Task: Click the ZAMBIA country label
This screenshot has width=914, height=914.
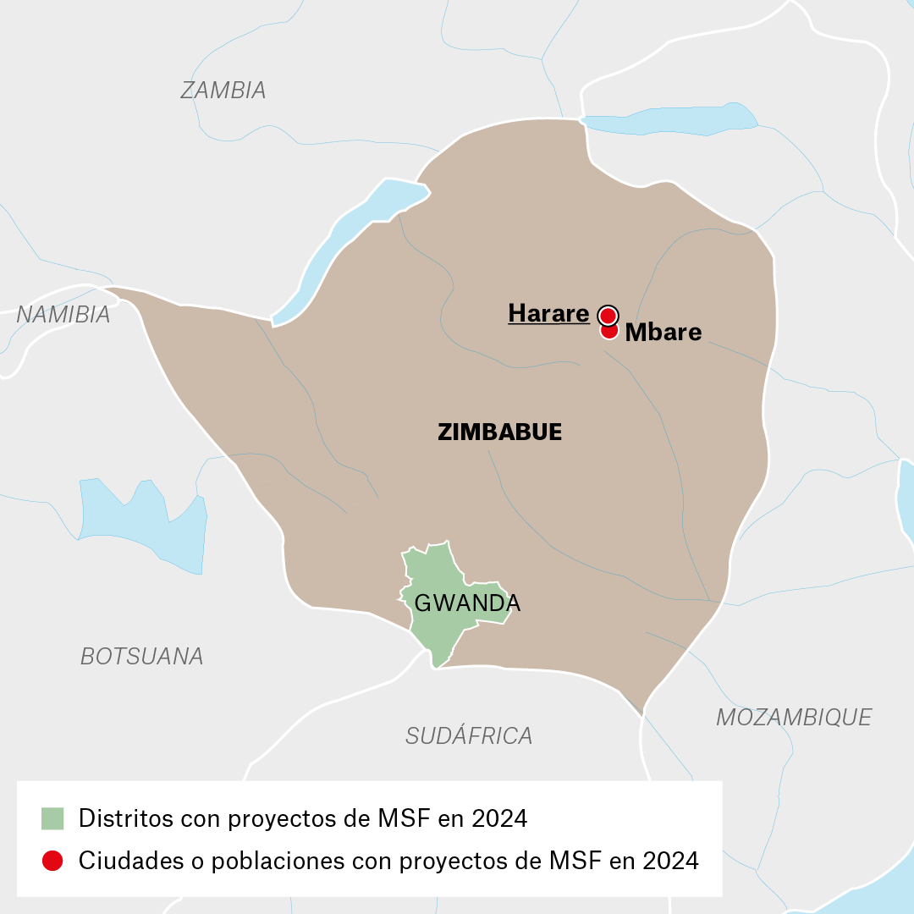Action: (223, 91)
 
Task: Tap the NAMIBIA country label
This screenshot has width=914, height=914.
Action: (63, 315)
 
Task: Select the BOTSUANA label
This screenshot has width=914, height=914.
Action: (141, 656)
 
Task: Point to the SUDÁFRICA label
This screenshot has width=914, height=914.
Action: (469, 735)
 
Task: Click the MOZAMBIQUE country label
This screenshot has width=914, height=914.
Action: (793, 717)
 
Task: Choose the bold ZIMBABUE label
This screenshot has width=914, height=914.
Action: (499, 432)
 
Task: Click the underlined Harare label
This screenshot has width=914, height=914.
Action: (548, 314)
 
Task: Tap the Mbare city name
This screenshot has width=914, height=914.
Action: (663, 333)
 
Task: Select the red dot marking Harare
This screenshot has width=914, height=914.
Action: (607, 316)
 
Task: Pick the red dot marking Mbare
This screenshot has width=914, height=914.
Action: (608, 331)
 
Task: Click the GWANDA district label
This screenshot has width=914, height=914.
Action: (466, 603)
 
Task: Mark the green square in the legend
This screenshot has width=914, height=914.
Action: (52, 818)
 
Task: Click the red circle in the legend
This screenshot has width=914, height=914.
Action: (52, 861)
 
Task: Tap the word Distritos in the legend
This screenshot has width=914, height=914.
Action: (120, 818)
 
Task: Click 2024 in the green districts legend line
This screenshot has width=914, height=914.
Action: (498, 818)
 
